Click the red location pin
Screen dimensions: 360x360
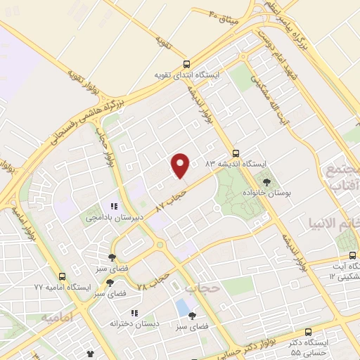tap(181, 165)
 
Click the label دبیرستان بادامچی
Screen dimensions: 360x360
tap(113, 218)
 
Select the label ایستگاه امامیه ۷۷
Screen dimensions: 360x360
tap(63, 288)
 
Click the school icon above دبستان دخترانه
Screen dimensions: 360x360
tap(134, 312)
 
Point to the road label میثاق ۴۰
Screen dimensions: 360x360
tap(224, 15)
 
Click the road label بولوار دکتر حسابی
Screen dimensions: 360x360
tap(242, 347)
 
